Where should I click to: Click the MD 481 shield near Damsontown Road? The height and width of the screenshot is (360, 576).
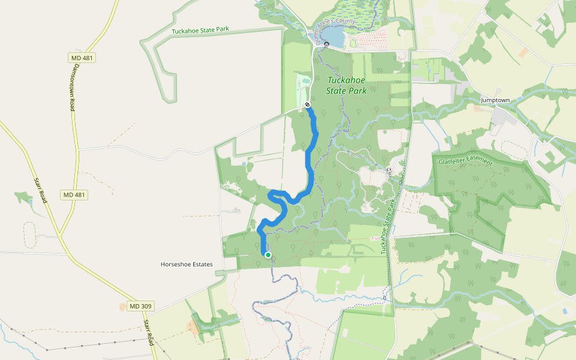[x=82, y=58]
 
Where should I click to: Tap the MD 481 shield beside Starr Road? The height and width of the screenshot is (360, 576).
[x=74, y=195]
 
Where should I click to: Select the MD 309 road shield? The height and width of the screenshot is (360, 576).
[x=141, y=306]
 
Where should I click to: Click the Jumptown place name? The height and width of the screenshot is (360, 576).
[x=494, y=100]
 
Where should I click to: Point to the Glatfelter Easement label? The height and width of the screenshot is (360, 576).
[x=466, y=162]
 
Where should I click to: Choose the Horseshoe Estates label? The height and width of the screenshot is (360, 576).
[x=187, y=264]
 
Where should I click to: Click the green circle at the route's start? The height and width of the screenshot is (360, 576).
[x=268, y=255]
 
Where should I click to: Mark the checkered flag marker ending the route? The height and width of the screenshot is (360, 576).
[x=307, y=104]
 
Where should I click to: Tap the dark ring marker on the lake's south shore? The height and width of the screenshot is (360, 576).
[x=326, y=44]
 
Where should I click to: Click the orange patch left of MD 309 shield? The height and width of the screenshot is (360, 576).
[x=123, y=307]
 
